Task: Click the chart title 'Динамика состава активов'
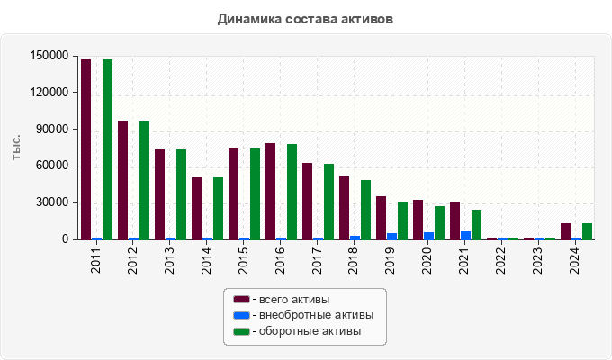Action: point(305,18)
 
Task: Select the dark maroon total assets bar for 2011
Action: point(85,149)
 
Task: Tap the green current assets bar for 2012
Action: point(144,180)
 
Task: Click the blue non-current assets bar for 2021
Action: point(465,235)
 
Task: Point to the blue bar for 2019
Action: point(391,236)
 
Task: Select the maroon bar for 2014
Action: point(196,208)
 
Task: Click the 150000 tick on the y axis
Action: point(49,56)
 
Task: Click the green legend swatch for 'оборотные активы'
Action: point(241,332)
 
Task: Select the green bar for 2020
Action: point(439,222)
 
